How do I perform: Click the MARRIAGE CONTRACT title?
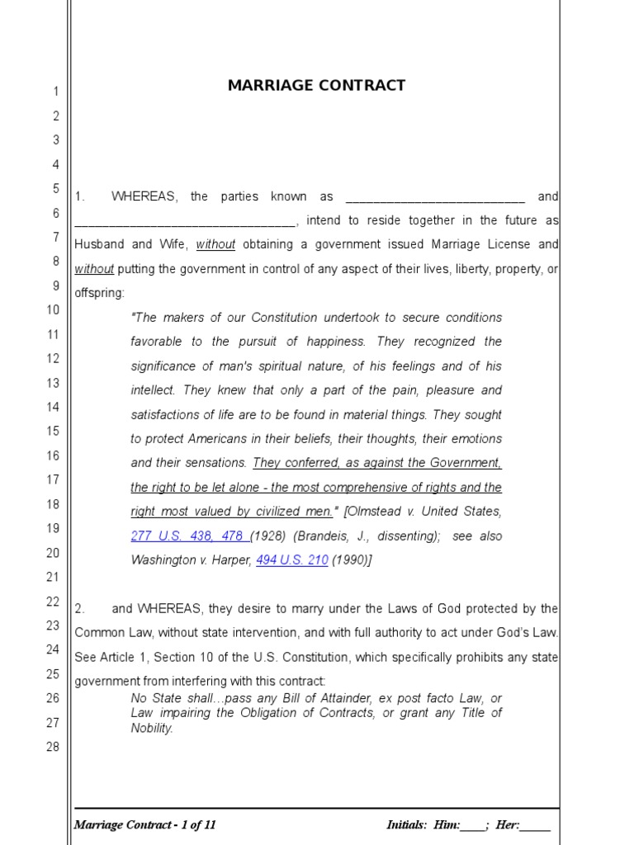tap(316, 86)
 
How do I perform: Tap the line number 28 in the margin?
tap(53, 747)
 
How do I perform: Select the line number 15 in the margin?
tap(53, 431)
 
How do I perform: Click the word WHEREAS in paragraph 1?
tap(144, 197)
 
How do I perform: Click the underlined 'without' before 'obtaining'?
tap(215, 245)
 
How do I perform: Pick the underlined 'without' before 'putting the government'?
tap(93, 269)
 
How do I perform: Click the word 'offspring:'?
tap(100, 293)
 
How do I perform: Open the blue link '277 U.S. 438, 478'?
tap(189, 536)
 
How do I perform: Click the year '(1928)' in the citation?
tap(268, 536)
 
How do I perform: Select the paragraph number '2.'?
tap(80, 609)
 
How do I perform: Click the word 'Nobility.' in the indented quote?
tap(152, 729)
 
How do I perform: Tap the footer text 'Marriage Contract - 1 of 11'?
tap(145, 825)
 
